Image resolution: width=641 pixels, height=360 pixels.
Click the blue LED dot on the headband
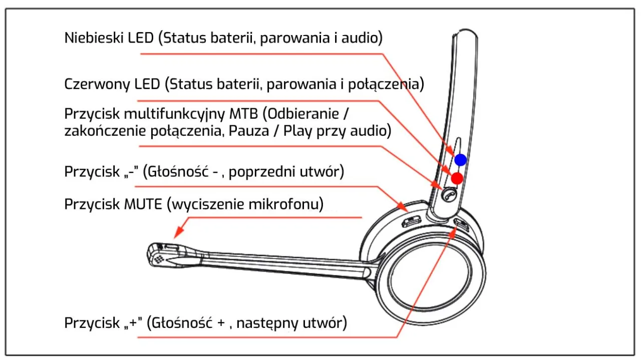coord(461,160)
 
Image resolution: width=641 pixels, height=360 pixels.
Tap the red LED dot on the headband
coord(457,178)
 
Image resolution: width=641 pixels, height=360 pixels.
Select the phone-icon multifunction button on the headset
coord(449,194)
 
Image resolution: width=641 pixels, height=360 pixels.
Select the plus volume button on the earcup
coord(461,224)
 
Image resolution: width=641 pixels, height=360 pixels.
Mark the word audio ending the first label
coord(360,38)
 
